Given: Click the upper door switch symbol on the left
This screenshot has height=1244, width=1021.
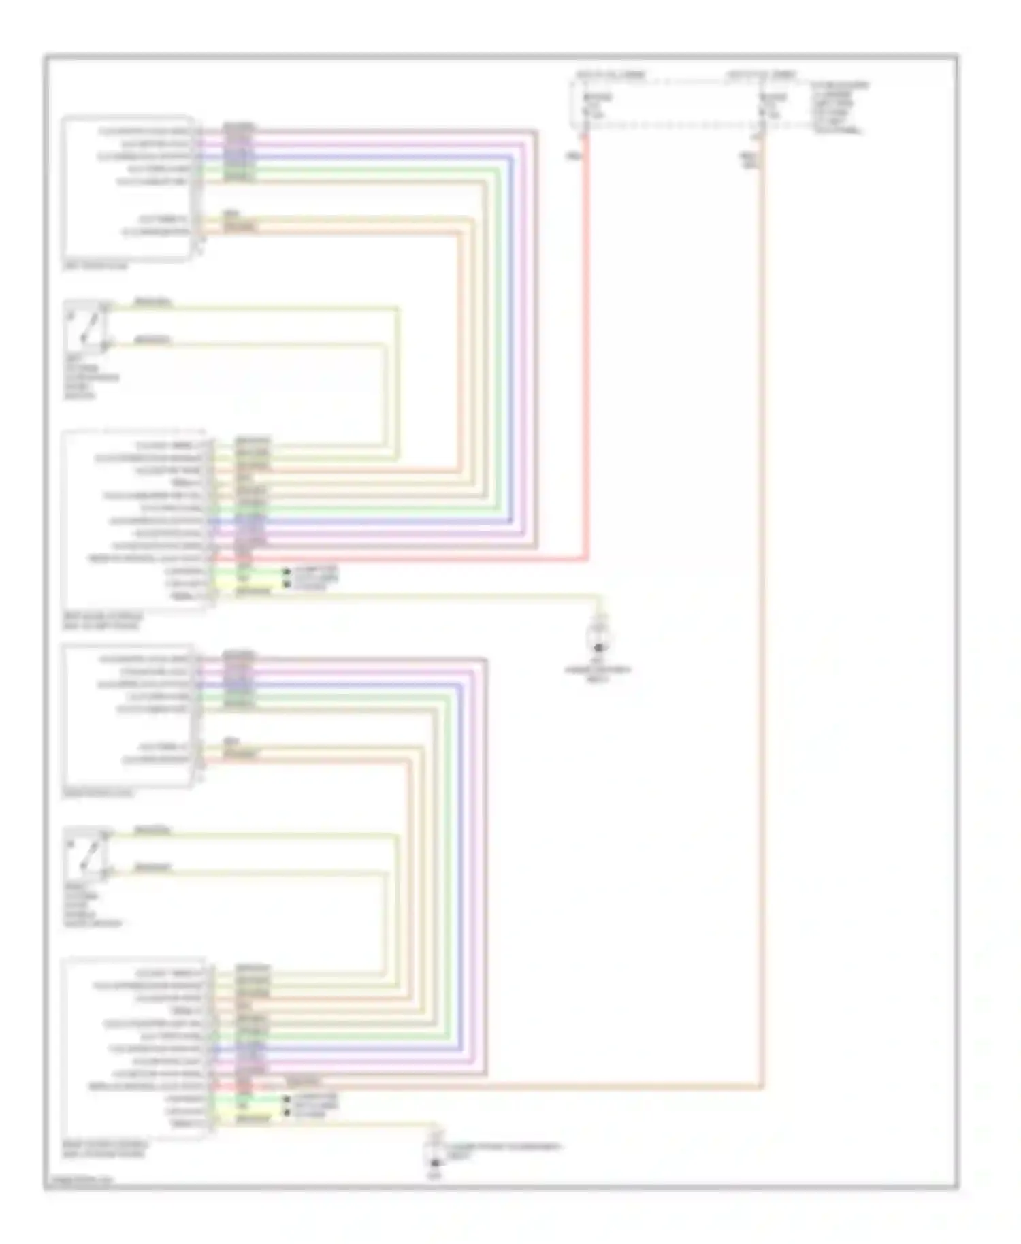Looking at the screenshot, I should point(86,327).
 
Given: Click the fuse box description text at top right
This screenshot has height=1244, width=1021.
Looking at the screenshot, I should point(839,107).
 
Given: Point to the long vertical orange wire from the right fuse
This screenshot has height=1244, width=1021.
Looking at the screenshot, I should point(762,612).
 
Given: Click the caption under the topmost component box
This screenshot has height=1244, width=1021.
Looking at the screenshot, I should point(95,267).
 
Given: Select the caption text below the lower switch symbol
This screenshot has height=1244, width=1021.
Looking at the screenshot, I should point(91,905).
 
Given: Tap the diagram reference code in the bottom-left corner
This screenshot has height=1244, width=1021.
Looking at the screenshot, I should point(77,1183).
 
